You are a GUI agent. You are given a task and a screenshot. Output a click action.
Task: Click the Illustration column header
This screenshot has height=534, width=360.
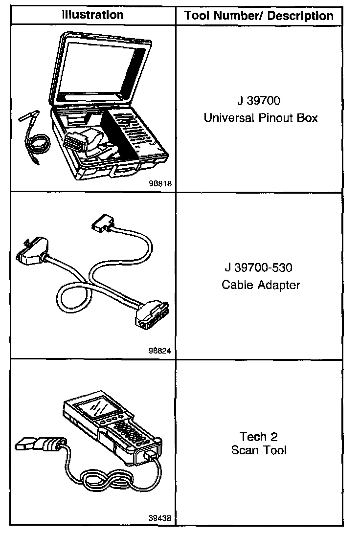(x=92, y=15)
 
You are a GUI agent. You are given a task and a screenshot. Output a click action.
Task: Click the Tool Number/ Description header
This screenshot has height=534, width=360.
(x=259, y=16)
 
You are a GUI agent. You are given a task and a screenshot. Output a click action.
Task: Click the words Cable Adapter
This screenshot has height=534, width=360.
(x=260, y=284)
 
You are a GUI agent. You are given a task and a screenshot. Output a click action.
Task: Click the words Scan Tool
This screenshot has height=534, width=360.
(x=259, y=450)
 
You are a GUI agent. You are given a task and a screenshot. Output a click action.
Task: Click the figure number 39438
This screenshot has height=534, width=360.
(x=160, y=517)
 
